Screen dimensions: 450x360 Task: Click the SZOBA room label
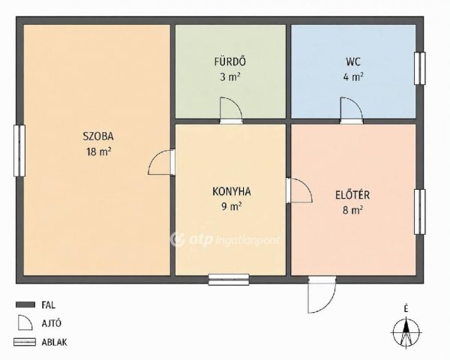pyautogui.click(x=98, y=136)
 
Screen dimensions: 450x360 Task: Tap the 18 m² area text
pyautogui.click(x=98, y=151)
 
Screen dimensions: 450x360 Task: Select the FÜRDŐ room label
pyautogui.click(x=230, y=61)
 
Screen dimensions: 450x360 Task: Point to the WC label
pyautogui.click(x=353, y=61)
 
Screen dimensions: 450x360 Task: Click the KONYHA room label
pyautogui.click(x=232, y=191)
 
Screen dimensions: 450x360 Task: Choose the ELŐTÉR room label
pyautogui.click(x=352, y=195)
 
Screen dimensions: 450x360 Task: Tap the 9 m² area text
pyautogui.click(x=231, y=206)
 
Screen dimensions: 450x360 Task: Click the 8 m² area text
pyautogui.click(x=352, y=210)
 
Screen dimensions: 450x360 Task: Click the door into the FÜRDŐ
pyautogui.click(x=231, y=110)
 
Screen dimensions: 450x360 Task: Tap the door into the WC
pyautogui.click(x=352, y=110)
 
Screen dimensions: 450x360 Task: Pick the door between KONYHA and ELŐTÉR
pyautogui.click(x=299, y=190)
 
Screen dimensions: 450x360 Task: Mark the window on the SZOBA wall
pyautogui.click(x=19, y=151)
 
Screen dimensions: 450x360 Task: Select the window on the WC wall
pyautogui.click(x=419, y=68)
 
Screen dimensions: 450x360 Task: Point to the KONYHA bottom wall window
pyautogui.click(x=229, y=280)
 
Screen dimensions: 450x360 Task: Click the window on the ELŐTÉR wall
pyautogui.click(x=419, y=211)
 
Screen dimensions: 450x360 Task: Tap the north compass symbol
pyautogui.click(x=406, y=331)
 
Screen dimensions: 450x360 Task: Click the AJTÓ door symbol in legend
pyautogui.click(x=25, y=322)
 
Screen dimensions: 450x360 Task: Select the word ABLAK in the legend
pyautogui.click(x=54, y=342)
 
